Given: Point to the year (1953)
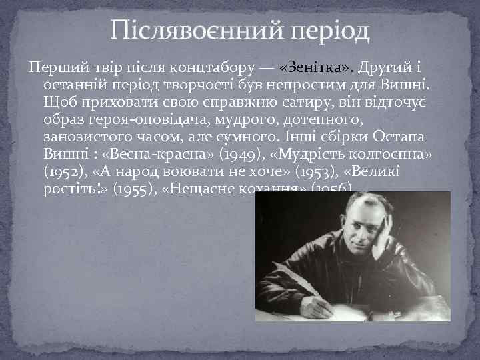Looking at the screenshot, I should (x=323, y=171).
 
